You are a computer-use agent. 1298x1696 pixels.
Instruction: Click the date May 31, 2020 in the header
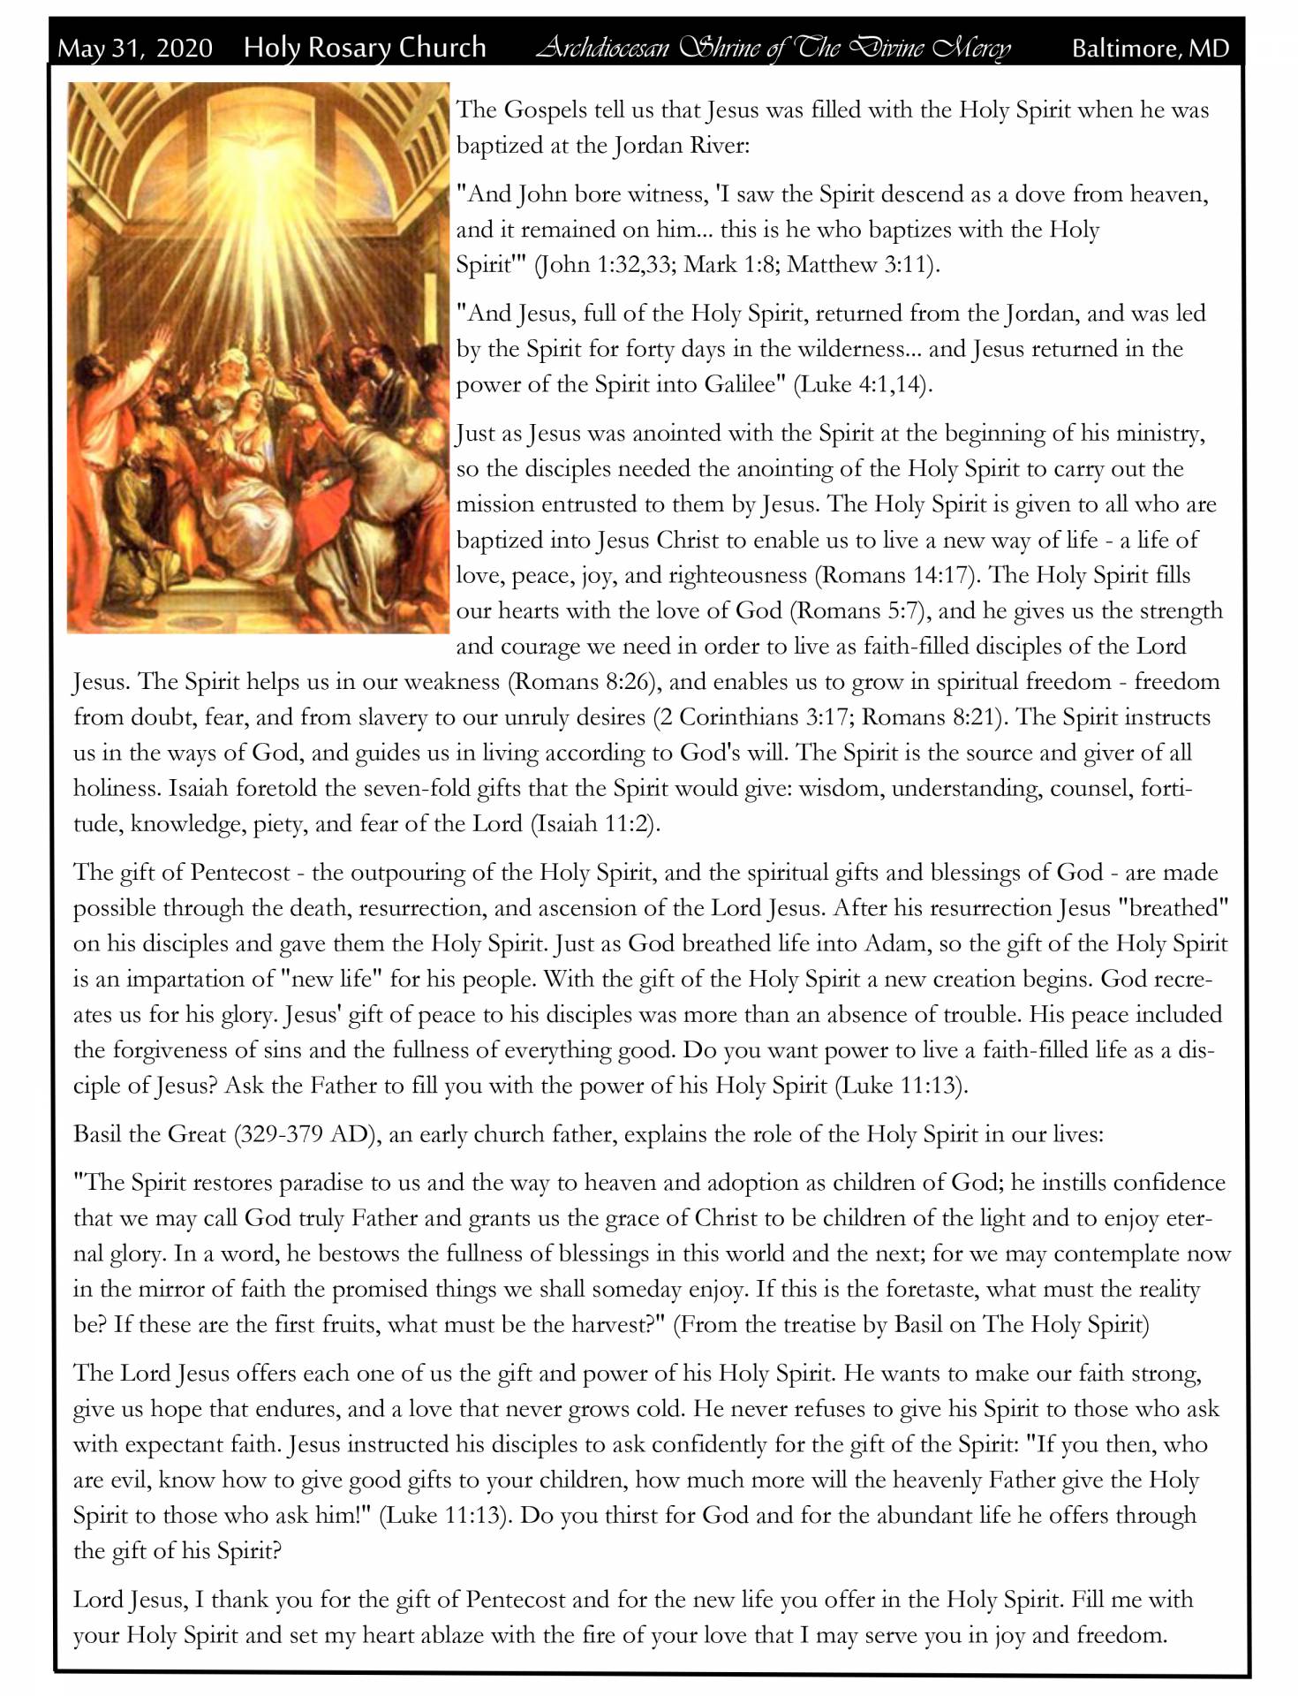pyautogui.click(x=135, y=48)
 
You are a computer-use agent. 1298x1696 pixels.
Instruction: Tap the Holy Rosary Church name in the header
pyautogui.click(x=365, y=47)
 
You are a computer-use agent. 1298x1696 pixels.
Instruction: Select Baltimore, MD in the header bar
pyautogui.click(x=1150, y=49)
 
